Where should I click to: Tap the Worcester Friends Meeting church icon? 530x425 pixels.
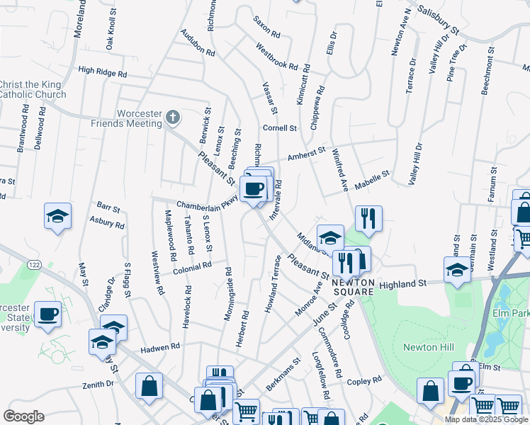click(x=172, y=118)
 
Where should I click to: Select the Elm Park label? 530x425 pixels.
click(x=510, y=312)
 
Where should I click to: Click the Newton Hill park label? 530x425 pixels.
click(x=424, y=346)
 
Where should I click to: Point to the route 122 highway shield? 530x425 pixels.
click(x=33, y=264)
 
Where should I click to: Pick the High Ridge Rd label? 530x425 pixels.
click(x=103, y=72)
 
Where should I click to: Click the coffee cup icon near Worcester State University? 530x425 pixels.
click(x=47, y=314)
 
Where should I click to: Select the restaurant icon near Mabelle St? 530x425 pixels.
click(x=368, y=219)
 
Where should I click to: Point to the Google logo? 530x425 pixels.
click(x=23, y=416)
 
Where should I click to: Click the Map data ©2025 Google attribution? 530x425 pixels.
click(x=485, y=419)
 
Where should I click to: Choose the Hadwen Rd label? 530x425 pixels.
click(x=160, y=347)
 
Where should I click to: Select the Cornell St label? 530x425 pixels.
click(x=279, y=128)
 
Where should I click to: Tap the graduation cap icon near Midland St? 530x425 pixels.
click(x=330, y=237)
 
